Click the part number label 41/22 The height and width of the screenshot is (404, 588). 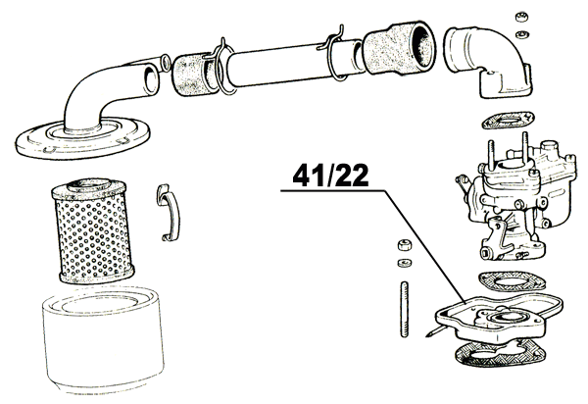click(330, 176)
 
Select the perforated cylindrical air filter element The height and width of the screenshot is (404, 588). click(92, 231)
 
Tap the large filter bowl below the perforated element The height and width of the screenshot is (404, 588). click(102, 340)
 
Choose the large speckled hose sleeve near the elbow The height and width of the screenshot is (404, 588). click(399, 47)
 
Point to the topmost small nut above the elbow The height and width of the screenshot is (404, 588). click(521, 17)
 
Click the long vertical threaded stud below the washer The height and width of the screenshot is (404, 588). click(404, 309)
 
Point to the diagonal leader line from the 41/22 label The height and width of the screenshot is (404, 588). click(424, 247)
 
